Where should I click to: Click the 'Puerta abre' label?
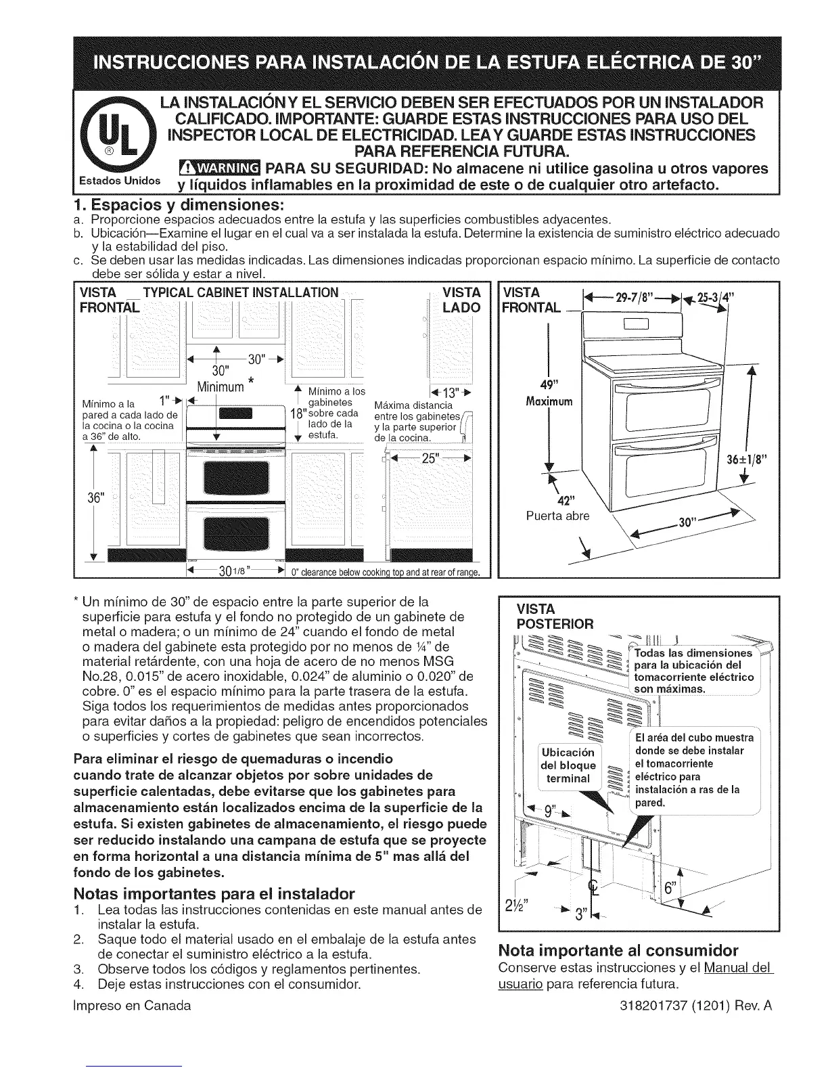[557, 516]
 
